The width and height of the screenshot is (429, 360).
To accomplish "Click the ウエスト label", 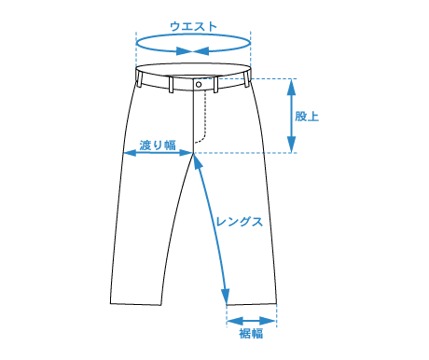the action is coord(193,26).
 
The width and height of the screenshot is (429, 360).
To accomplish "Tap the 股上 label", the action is coord(307,117).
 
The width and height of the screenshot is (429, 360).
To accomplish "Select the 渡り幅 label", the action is coord(158,145).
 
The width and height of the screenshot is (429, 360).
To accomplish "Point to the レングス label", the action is coord(240,222).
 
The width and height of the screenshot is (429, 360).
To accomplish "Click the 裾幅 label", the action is coord(251,333).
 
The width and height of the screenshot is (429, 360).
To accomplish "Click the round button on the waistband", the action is coord(199,84).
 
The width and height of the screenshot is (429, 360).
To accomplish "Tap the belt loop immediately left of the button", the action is coord(171,84).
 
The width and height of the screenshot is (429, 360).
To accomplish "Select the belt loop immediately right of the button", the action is coord(215,84).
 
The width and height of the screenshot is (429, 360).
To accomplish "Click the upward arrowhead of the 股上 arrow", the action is coord(291,87).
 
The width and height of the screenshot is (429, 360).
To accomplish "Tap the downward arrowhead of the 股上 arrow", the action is coord(291,145).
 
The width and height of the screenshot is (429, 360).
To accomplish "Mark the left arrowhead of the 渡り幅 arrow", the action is coord(130,153).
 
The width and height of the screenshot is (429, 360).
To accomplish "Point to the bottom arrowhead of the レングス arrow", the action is coord(226,297).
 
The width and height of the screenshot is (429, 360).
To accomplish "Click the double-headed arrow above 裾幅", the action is coord(252,321).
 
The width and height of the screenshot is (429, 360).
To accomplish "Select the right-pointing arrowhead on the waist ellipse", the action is coord(184,51).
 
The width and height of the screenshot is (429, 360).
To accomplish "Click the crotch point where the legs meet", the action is coord(193,153).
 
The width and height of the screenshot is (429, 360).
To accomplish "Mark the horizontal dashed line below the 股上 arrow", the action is coord(245,153).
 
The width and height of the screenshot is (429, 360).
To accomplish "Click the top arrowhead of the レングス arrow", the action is coord(198,162).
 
